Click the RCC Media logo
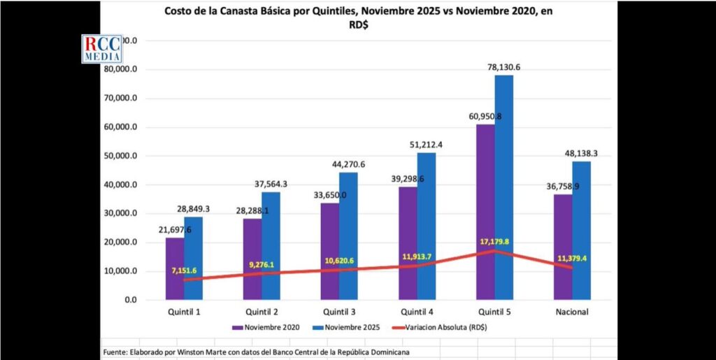tap(103, 48)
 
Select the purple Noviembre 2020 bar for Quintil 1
tap(175, 268)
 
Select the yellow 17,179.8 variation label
tap(495, 241)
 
